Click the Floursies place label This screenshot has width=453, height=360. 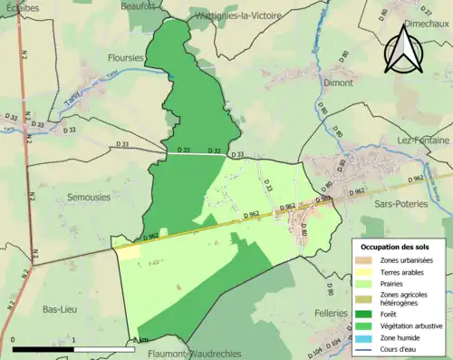(x=125, y=57)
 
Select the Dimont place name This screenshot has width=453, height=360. (x=337, y=83)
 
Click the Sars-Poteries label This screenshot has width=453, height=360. (x=400, y=205)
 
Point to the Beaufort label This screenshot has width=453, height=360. (x=139, y=5)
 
